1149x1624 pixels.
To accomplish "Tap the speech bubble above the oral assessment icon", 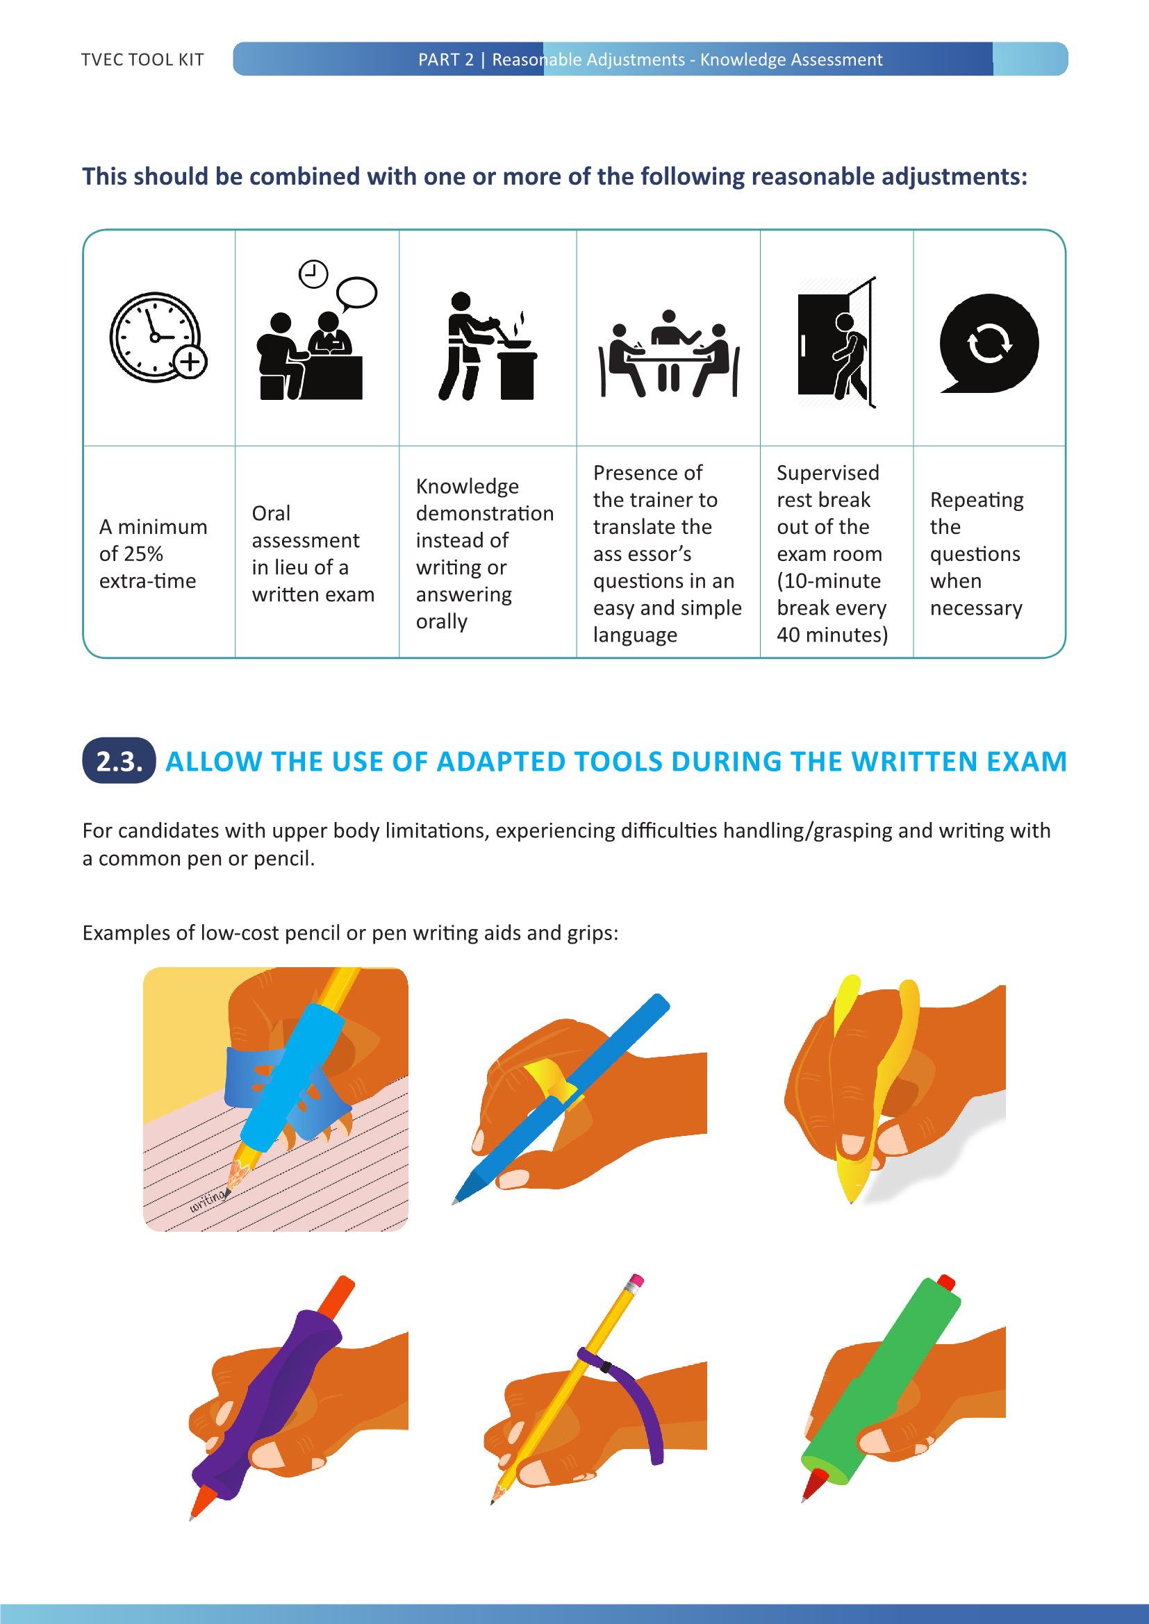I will pyautogui.click(x=357, y=292).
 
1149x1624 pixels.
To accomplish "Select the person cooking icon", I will pyautogui.click(x=487, y=347).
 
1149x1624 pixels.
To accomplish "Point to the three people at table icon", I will pyautogui.click(x=668, y=353).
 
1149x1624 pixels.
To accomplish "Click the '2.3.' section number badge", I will pyautogui.click(x=119, y=762).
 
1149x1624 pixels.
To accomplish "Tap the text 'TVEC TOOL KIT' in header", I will pyautogui.click(x=142, y=60).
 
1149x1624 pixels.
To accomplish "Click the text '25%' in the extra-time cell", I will pyautogui.click(x=144, y=554).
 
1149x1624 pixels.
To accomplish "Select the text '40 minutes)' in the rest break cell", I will pyautogui.click(x=832, y=635).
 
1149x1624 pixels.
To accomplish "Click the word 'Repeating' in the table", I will pyautogui.click(x=976, y=500).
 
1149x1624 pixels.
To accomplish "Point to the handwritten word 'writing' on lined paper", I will pyautogui.click(x=207, y=1199).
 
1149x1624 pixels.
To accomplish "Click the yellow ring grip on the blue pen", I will pyautogui.click(x=547, y=1080).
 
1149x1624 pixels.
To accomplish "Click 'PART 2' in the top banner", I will pyautogui.click(x=445, y=60).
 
